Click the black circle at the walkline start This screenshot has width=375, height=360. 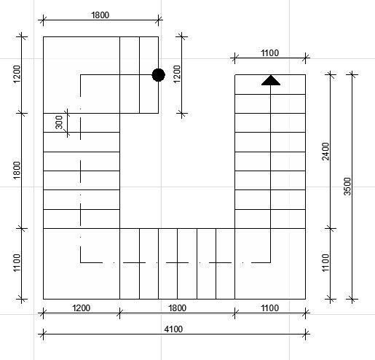pos(159,75)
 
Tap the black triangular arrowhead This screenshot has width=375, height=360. pos(271,80)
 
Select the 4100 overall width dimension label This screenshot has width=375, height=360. pos(173,329)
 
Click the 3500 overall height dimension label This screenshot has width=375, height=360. pos(347,187)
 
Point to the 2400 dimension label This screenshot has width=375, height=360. pos(325,152)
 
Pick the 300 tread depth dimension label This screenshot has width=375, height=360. pos(59,122)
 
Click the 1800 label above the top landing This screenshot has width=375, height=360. pos(100,15)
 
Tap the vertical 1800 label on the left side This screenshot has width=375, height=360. pos(17,171)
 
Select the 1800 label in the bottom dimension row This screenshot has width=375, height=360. pos(178,308)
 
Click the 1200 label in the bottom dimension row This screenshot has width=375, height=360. pos(82,308)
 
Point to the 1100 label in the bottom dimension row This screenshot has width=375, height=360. pos(270,308)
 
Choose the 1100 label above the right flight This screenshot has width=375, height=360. pos(270,52)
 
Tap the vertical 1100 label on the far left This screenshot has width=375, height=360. pos(17,263)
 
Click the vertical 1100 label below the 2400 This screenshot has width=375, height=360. pos(325,263)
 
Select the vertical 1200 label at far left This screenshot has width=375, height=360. pos(17,74)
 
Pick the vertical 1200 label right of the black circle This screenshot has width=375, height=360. pos(178,74)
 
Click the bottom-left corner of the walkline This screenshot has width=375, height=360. pos(81,262)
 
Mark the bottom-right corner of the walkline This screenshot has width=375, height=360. pos(271,262)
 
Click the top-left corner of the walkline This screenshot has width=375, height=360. pos(81,75)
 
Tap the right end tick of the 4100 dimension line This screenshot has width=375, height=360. pos(306,334)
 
